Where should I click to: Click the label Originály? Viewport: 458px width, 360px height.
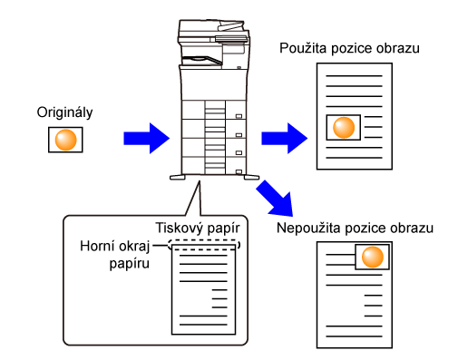(64, 112)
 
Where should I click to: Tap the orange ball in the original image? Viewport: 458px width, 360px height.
(65, 140)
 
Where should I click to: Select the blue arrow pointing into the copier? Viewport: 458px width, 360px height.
(146, 138)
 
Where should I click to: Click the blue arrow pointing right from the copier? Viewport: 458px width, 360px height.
(284, 138)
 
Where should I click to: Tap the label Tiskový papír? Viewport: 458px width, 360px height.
(198, 229)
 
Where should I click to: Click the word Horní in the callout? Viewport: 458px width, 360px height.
(97, 246)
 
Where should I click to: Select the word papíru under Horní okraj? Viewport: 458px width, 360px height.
(129, 264)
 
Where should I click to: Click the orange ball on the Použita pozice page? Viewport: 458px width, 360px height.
(344, 128)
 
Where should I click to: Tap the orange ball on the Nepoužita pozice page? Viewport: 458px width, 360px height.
(373, 257)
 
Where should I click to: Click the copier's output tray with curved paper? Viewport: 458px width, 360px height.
(202, 61)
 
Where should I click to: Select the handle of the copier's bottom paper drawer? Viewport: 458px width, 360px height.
(239, 171)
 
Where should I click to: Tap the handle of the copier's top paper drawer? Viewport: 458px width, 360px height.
(239, 116)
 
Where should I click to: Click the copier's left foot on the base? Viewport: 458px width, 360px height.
(178, 177)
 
